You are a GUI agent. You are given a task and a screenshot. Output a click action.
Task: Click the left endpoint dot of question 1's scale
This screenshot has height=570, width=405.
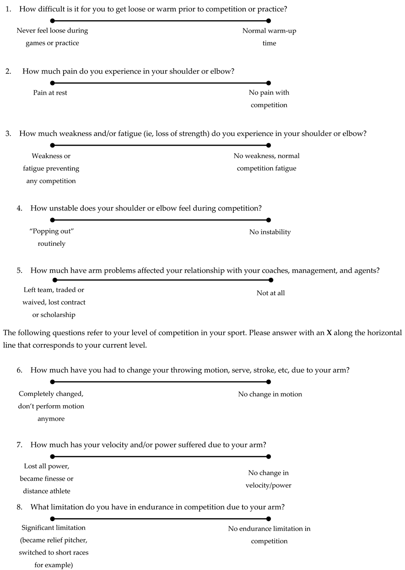53,21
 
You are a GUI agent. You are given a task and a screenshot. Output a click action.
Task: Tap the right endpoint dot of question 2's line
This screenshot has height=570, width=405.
269,83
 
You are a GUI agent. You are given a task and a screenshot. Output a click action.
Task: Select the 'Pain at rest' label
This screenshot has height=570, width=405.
50,92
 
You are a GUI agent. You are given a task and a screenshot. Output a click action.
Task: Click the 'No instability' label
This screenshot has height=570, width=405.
270,232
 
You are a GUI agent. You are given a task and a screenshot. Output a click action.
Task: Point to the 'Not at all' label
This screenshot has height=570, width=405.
270,293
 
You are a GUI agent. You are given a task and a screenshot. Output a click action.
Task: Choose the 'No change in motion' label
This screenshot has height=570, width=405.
270,394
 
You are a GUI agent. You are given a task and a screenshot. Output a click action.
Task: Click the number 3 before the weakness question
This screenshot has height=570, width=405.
8,134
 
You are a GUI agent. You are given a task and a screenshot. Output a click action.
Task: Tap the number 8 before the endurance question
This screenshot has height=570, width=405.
20,507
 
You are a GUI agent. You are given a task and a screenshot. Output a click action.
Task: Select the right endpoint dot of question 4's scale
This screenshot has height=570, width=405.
269,220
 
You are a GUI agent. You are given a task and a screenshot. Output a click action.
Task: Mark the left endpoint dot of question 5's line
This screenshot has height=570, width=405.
55,280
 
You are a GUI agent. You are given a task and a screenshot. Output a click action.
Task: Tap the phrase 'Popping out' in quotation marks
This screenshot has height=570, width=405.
51,231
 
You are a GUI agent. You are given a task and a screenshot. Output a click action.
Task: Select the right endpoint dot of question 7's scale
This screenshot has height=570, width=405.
269,456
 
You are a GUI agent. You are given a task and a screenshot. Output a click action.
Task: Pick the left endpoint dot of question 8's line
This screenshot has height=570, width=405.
53,519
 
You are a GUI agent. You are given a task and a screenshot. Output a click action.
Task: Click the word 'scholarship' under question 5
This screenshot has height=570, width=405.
54,315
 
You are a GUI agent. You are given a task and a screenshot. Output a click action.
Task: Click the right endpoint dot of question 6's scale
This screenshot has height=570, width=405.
269,382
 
